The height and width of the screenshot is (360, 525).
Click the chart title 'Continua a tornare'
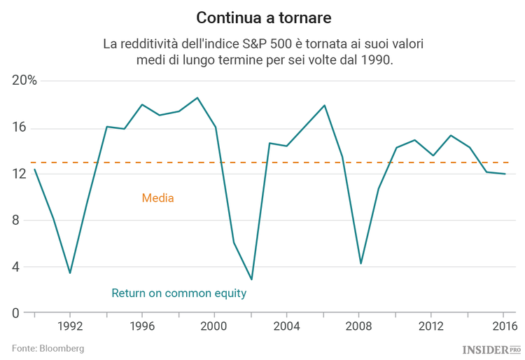262,17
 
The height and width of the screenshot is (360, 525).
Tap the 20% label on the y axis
24,81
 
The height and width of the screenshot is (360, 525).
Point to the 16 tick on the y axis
19,127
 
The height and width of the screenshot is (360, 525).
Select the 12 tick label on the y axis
19,174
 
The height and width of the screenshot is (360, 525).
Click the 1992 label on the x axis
70,326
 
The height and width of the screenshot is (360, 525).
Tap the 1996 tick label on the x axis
142,326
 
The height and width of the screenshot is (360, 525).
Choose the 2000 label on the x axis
215,326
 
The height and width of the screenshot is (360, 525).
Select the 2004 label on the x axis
287,326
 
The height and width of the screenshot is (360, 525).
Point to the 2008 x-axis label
360,326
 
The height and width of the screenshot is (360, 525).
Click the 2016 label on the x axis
504,326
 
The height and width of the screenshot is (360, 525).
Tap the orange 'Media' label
157,198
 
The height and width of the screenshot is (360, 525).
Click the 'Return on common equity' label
179,293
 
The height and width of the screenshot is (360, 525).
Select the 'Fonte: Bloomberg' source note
48,348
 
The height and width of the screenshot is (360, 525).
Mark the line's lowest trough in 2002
251,279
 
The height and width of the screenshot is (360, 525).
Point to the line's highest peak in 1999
197,98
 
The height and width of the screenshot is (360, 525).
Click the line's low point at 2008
360,263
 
